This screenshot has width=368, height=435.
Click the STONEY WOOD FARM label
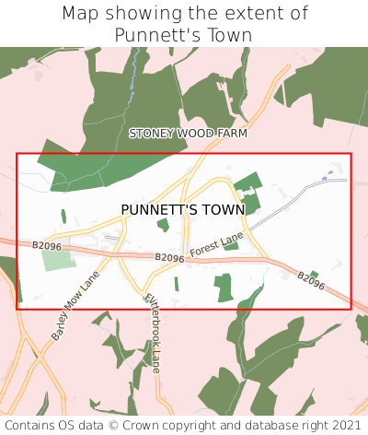pyautogui.click(x=189, y=134)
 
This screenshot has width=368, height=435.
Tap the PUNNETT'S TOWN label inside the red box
pyautogui.click(x=183, y=210)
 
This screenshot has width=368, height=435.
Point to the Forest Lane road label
pyautogui.click(x=216, y=245)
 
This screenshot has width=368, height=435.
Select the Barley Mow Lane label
pyautogui.click(x=75, y=307)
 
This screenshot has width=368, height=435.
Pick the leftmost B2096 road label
pyautogui.click(x=46, y=246)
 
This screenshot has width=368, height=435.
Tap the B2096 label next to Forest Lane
pyautogui.click(x=169, y=259)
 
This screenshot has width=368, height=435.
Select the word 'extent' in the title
pyautogui.click(x=256, y=14)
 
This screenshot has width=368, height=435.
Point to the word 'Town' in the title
pyautogui.click(x=228, y=35)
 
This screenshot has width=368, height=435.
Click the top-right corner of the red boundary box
pyautogui.click(x=351, y=154)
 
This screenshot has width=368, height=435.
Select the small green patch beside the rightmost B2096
pyautogui.click(x=314, y=274)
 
